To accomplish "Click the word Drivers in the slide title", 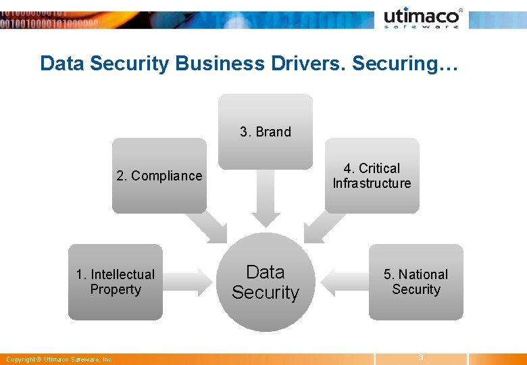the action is pyautogui.click(x=316, y=64).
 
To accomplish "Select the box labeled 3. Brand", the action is pyautogui.click(x=266, y=131).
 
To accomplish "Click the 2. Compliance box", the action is pyautogui.click(x=159, y=176).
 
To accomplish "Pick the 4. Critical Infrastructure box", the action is pyautogui.click(x=372, y=176).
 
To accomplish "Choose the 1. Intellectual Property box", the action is pyautogui.click(x=116, y=282).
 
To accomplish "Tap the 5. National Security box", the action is pyautogui.click(x=416, y=282).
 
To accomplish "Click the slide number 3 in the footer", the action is pyautogui.click(x=420, y=357).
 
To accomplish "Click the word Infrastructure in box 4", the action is pyautogui.click(x=372, y=183).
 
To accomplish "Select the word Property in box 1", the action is pyautogui.click(x=116, y=289).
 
